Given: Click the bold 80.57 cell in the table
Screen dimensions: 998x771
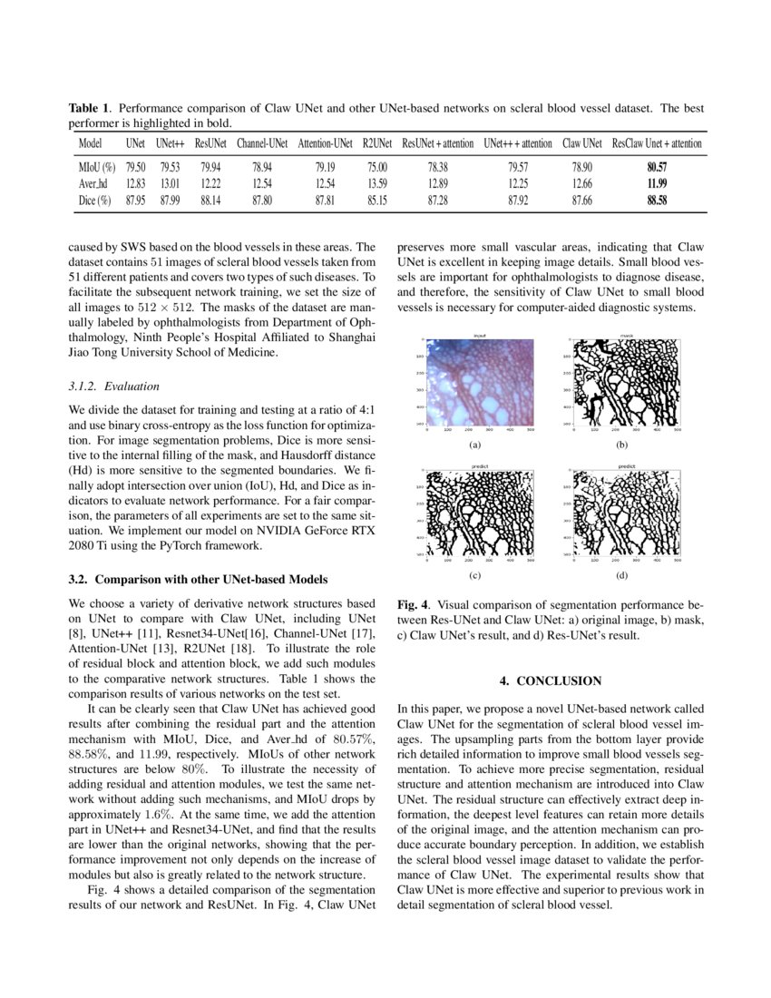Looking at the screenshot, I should [657, 167].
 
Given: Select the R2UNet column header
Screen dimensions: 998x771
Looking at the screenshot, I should [376, 143].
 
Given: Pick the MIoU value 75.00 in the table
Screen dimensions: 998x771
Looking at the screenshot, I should [376, 167].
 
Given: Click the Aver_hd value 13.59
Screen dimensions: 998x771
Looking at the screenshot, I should [376, 184].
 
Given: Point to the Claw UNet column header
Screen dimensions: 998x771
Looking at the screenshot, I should [582, 143].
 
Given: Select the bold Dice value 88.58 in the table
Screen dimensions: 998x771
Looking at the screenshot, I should [657, 201].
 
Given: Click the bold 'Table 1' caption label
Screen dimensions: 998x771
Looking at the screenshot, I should [90, 108].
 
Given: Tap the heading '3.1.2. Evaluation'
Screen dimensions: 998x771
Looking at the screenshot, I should [113, 386].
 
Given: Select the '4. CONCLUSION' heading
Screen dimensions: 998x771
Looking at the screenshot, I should [551, 680].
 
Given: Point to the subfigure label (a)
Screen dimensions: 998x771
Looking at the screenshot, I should [474, 445].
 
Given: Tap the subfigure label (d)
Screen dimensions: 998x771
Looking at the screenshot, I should [621, 575].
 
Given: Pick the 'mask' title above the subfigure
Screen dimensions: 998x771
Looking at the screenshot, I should [627, 336].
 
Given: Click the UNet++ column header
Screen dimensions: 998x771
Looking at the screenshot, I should [171, 143].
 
